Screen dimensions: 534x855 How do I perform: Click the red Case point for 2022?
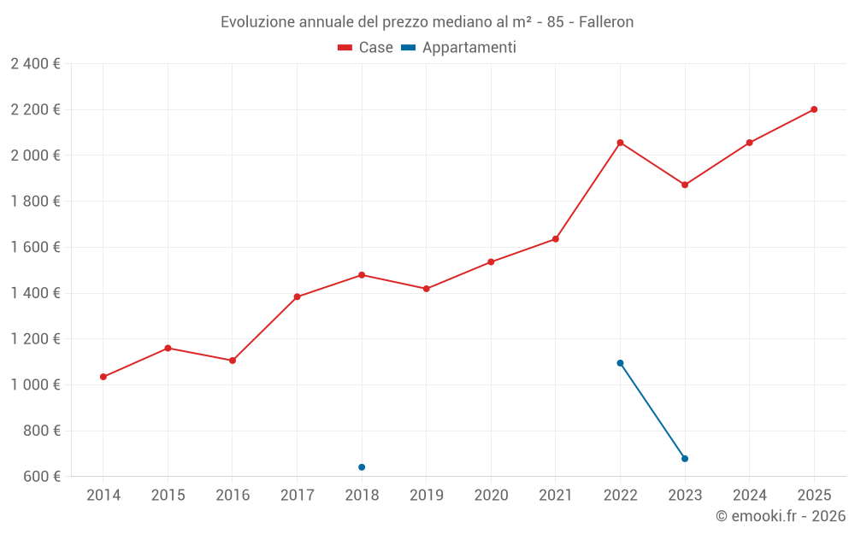point(620,143)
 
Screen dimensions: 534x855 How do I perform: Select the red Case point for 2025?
point(814,109)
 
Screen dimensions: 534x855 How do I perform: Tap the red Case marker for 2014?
point(103,377)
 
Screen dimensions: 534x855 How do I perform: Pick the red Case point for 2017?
point(297,297)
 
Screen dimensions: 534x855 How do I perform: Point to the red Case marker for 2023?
point(685,185)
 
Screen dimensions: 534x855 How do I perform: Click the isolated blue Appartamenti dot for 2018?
point(362,467)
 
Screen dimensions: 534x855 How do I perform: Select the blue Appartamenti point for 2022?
point(620,363)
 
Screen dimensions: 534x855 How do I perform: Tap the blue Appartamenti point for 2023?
point(685,459)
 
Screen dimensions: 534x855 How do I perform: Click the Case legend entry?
point(366,48)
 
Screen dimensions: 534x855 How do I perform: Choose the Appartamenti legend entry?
point(459,48)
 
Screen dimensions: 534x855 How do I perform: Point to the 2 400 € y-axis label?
point(35,63)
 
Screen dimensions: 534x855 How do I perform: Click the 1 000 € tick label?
point(35,384)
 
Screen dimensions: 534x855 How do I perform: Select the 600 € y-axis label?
point(41,476)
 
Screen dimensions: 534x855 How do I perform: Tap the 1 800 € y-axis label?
point(35,201)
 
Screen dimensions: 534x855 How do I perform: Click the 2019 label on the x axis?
point(426,496)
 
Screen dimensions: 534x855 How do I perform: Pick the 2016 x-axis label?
point(233,496)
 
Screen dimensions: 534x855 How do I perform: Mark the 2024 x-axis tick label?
point(749,496)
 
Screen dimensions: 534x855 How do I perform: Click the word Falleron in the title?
point(606,22)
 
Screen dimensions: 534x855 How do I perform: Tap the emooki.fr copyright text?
point(781,516)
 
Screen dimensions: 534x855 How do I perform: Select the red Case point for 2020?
point(491,261)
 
